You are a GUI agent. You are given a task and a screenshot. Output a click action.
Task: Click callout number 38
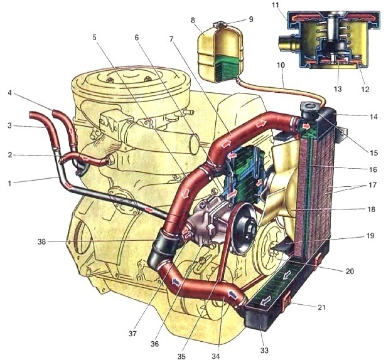[42, 242]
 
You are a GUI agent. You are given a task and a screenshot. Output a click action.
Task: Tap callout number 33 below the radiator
[264, 350]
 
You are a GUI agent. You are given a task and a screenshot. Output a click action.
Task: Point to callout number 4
[9, 93]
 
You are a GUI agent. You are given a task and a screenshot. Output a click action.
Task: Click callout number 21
[322, 307]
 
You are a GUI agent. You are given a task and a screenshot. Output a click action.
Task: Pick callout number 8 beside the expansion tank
[193, 20]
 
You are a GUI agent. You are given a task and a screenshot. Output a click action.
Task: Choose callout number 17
[372, 184]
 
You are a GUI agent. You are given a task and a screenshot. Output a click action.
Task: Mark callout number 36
[154, 344]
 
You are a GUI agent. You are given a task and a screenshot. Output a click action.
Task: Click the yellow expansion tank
[220, 53]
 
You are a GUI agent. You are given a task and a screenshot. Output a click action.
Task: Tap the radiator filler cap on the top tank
[309, 109]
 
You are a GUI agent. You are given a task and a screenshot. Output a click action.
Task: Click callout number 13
[338, 89]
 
